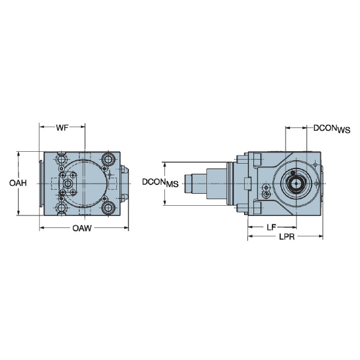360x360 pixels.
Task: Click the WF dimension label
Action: [62, 128]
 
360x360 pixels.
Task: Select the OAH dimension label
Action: [17, 182]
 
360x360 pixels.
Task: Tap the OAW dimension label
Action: [83, 228]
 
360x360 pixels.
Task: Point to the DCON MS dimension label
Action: [160, 182]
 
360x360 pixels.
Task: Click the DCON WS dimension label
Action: [331, 128]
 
